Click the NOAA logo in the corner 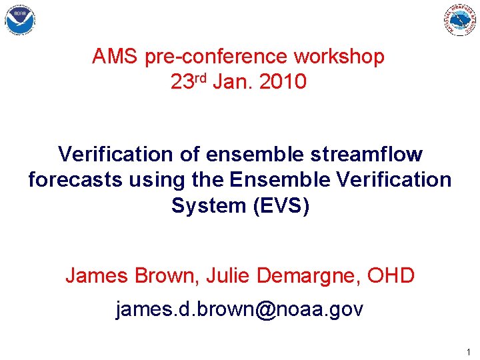(20, 21)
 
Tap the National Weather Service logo (461, 20)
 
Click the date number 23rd (189, 82)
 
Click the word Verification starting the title (115, 155)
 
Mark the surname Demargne (303, 275)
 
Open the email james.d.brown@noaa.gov (239, 310)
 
